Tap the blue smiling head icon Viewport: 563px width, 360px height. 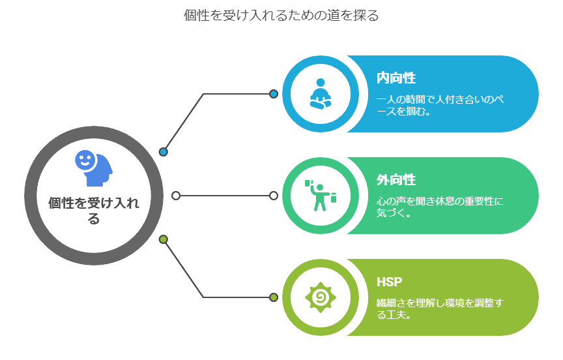point(93,169)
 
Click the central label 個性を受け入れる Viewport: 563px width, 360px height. point(94,210)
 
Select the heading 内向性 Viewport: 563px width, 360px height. point(396,78)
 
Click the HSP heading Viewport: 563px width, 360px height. point(390,282)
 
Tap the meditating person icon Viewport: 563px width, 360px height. point(320,93)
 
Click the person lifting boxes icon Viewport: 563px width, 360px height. point(320,195)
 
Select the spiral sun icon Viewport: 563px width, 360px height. point(320,297)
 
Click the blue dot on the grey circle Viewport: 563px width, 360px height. point(164,152)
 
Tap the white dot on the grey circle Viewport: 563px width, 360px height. point(176,196)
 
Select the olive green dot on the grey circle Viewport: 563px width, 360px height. point(164,239)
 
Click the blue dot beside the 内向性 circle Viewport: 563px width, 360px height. point(274,94)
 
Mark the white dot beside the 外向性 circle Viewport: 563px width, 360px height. point(274,196)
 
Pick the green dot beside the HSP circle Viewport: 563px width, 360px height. point(274,297)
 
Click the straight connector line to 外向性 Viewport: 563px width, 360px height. point(225,196)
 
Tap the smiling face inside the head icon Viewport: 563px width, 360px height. point(85,159)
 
